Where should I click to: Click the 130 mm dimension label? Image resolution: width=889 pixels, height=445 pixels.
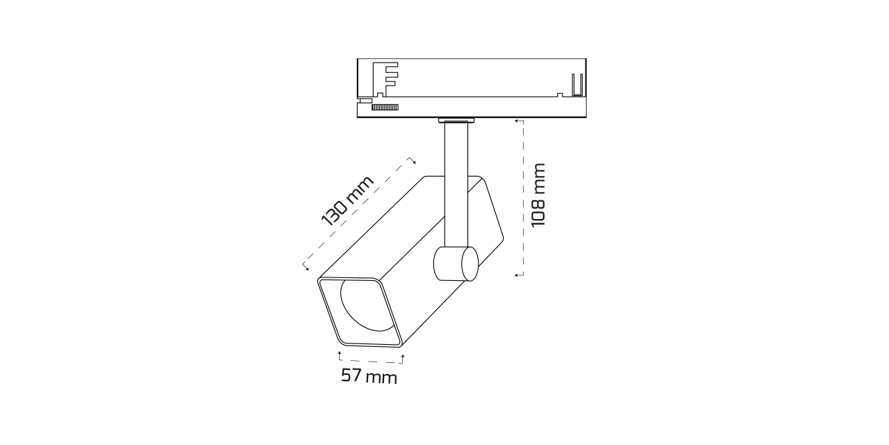click(347, 201)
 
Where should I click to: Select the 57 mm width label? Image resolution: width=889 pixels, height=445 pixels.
click(369, 377)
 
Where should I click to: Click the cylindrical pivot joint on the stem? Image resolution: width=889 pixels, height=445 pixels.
click(456, 264)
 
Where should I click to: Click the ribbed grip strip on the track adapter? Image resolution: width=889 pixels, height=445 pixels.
click(385, 106)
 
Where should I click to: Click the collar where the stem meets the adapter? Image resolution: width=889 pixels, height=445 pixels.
click(457, 122)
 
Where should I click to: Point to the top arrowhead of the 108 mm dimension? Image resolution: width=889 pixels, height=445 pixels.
click(517, 120)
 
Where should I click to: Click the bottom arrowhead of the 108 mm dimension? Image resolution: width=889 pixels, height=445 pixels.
click(517, 275)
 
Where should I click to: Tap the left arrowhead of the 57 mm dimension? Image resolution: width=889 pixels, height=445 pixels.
click(339, 355)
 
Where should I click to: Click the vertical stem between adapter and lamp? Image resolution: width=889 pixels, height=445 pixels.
click(456, 181)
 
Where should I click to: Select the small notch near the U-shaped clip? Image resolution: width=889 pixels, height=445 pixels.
click(560, 94)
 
